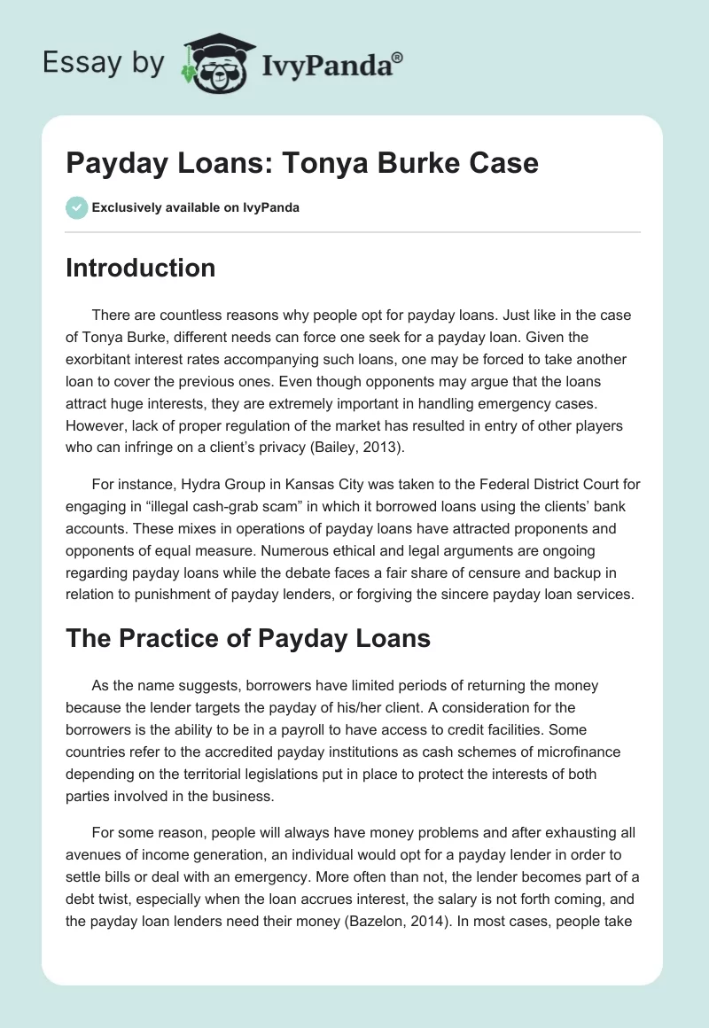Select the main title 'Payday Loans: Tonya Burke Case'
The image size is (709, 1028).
coord(302,165)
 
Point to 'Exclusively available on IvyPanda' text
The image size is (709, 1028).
coord(196,208)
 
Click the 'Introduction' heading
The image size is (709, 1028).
coord(140,268)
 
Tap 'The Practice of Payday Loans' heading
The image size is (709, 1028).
coord(248,638)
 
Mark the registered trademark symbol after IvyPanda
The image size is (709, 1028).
coord(398,57)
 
